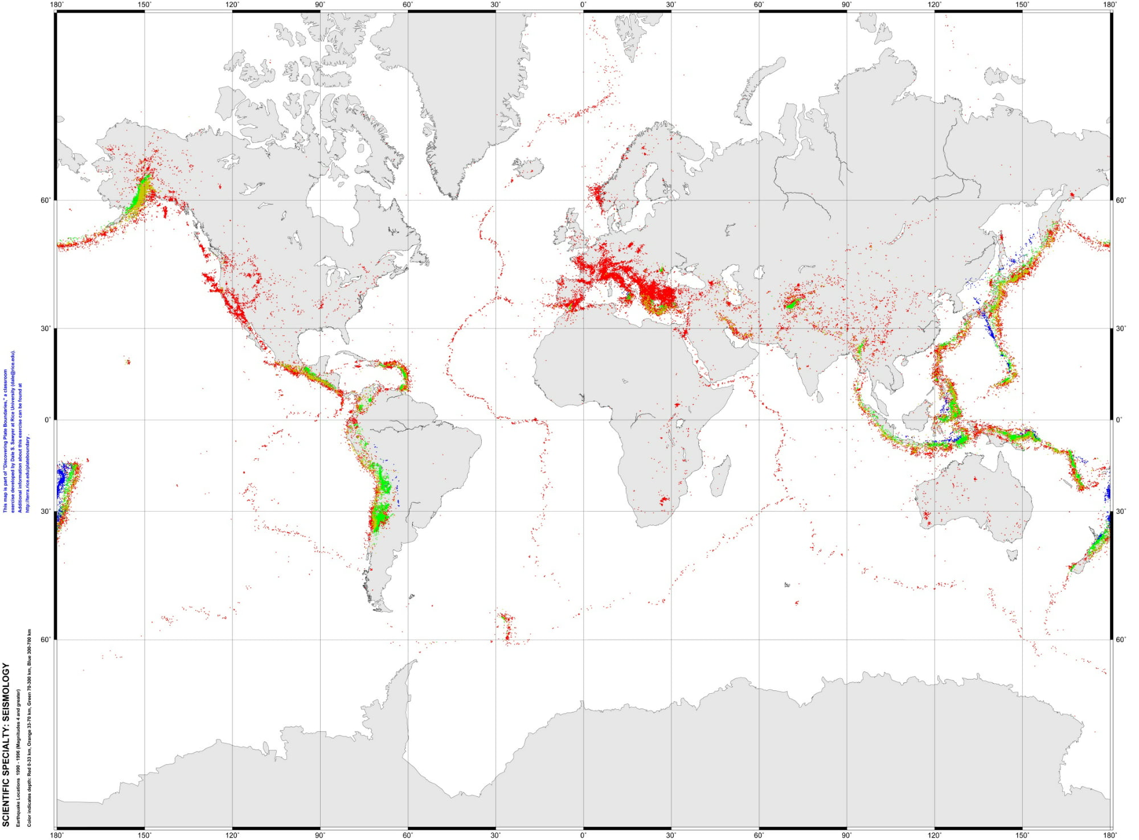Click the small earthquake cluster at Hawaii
point(128,361)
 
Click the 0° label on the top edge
point(583,5)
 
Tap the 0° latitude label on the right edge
point(1119,420)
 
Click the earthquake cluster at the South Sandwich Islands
point(506,627)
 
